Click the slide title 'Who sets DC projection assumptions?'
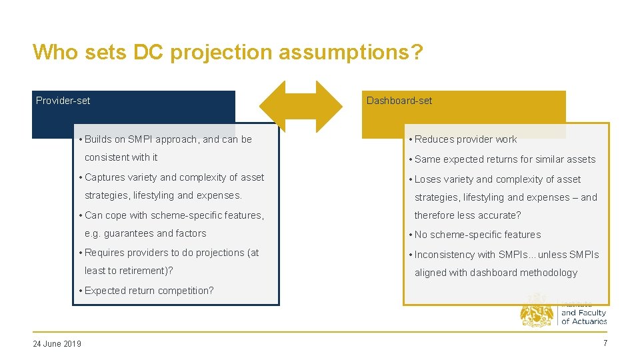(x=227, y=52)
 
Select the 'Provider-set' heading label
(x=63, y=101)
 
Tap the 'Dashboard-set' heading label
(x=399, y=101)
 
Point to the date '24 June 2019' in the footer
(x=57, y=343)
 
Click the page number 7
(x=605, y=343)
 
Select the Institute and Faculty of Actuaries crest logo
(x=537, y=311)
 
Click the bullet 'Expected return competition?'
(x=146, y=291)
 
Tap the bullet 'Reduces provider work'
(x=465, y=139)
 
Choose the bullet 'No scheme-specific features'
(x=477, y=235)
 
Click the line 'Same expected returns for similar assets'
(x=505, y=159)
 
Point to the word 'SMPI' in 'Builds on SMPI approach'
(x=140, y=139)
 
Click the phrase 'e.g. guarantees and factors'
(x=145, y=233)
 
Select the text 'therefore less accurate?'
(x=467, y=215)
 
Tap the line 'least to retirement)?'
(x=129, y=271)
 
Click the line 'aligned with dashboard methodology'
(x=496, y=273)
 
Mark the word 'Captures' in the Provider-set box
(x=103, y=177)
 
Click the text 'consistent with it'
(x=121, y=157)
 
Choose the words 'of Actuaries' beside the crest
(x=584, y=321)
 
